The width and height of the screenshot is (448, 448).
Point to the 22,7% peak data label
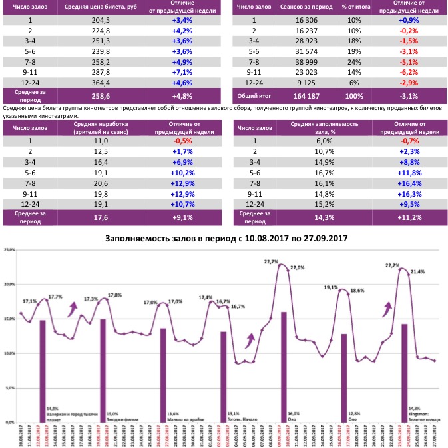272,262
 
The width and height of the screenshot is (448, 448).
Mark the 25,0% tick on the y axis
9,250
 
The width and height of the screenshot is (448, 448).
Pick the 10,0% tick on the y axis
9,353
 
